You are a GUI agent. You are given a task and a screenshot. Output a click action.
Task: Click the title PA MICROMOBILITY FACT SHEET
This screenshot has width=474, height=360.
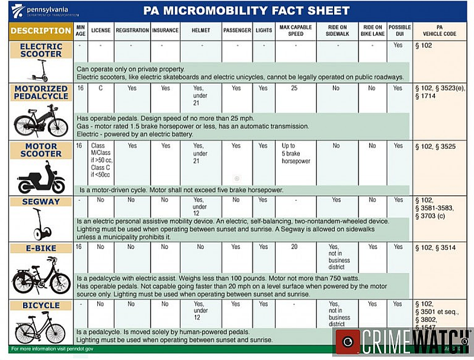click(x=246, y=11)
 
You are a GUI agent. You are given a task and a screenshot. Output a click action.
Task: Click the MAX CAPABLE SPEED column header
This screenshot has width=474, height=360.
click(x=294, y=30)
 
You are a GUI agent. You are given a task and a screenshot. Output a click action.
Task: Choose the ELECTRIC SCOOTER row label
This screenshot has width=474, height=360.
click(x=41, y=50)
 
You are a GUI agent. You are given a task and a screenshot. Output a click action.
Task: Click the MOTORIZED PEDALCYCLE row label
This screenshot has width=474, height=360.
click(x=41, y=93)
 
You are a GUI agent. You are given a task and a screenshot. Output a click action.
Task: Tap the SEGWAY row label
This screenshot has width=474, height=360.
click(x=41, y=202)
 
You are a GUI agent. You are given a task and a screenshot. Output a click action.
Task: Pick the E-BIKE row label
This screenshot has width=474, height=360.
click(x=41, y=248)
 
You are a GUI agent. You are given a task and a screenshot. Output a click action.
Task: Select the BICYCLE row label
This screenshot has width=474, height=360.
click(x=41, y=305)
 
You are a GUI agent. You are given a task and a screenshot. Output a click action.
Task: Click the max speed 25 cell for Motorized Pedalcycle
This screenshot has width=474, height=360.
click(x=294, y=88)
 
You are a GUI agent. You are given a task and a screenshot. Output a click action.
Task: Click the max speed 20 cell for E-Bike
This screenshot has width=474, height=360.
click(x=294, y=247)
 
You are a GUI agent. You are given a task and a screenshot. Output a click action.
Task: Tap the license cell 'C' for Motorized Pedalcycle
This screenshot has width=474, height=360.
click(x=101, y=88)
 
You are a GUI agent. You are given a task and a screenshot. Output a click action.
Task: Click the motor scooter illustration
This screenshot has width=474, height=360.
click(x=41, y=179)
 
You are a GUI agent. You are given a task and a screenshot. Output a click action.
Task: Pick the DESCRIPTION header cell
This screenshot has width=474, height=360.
click(x=41, y=30)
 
